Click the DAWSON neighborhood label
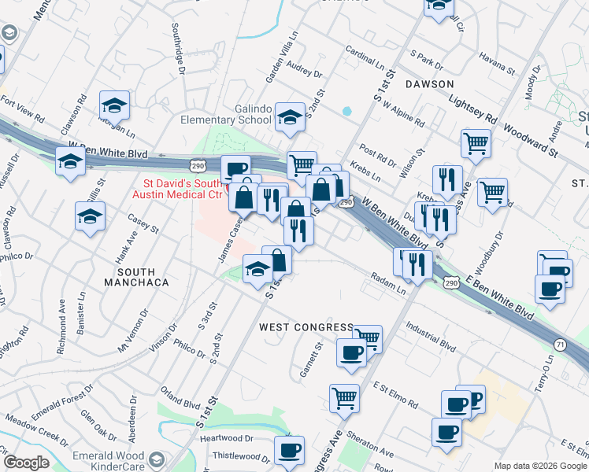pyautogui.click(x=429, y=83)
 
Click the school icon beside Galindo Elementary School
pyautogui.click(x=290, y=118)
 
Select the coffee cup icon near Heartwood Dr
pyautogui.click(x=289, y=451)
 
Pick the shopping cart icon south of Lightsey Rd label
pyautogui.click(x=476, y=144)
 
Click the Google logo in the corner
pyautogui.click(x=26, y=463)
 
